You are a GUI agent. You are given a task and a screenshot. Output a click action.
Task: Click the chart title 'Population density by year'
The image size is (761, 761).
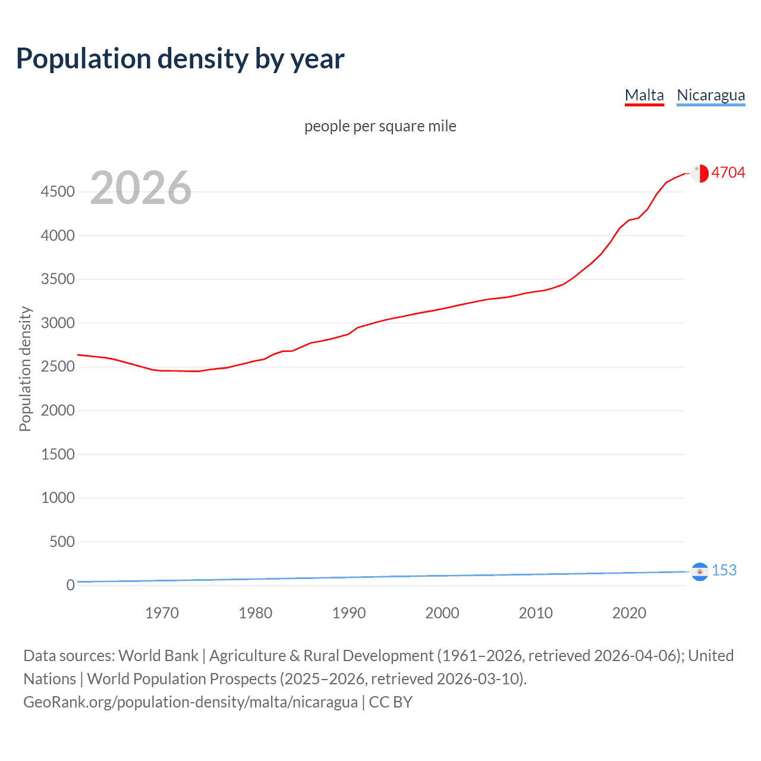(x=180, y=58)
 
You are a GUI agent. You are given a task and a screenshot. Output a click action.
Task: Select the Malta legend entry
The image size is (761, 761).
(x=644, y=95)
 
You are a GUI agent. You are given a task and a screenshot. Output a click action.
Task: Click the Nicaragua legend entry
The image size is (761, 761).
(x=710, y=95)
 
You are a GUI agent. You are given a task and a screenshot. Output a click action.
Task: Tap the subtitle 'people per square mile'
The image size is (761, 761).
(x=380, y=126)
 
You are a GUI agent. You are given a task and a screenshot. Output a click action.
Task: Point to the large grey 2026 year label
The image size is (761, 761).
(x=141, y=188)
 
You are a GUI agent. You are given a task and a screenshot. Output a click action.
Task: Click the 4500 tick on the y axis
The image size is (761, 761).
(x=58, y=191)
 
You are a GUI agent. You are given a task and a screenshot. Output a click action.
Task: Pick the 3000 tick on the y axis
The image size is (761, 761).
(x=58, y=323)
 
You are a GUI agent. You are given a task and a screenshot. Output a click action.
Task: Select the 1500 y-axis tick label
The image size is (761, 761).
(x=58, y=454)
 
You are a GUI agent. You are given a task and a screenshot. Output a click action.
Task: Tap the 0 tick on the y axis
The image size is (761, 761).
(x=70, y=585)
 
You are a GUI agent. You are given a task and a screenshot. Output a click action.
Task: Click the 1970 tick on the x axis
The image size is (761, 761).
(x=162, y=613)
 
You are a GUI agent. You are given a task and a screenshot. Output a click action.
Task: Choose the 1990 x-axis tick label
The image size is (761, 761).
(x=349, y=613)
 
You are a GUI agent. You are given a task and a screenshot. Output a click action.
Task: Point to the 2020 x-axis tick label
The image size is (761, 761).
(x=629, y=613)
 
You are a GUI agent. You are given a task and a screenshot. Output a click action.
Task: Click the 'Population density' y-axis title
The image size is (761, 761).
(x=25, y=369)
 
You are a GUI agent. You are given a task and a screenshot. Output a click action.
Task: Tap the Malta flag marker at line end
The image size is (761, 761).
(x=700, y=173)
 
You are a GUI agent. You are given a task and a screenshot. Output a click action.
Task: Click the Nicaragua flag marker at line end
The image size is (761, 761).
(x=700, y=571)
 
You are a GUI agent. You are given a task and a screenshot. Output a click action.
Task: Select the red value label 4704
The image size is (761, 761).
(x=728, y=172)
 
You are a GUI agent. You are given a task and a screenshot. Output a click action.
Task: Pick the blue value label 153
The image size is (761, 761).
(x=724, y=570)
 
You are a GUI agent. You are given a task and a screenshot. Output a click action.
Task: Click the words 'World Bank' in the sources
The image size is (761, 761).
(x=158, y=655)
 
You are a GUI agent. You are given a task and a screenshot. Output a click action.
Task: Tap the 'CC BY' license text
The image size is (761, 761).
(x=391, y=702)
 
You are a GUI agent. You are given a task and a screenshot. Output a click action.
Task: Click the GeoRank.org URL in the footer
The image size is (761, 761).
(x=190, y=702)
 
